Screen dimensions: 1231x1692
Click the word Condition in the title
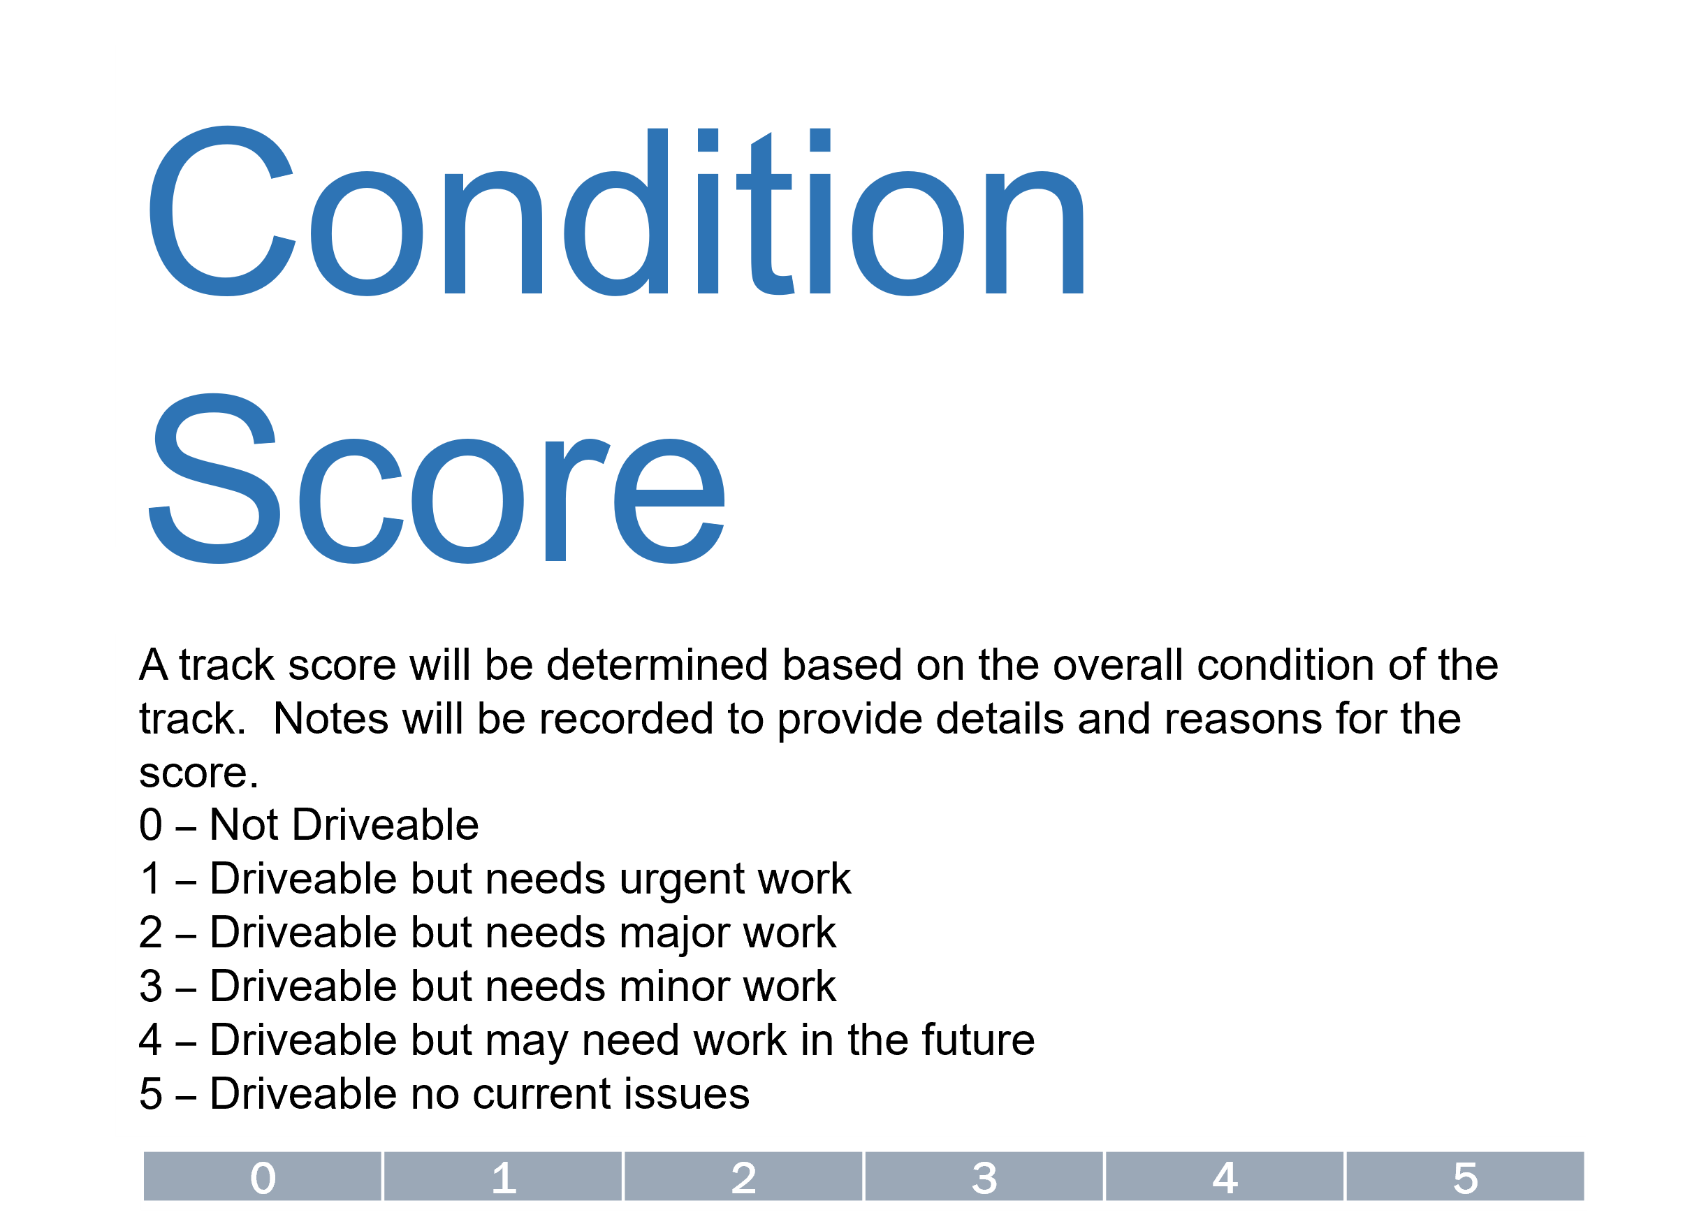(615, 212)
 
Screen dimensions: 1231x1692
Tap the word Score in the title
(437, 481)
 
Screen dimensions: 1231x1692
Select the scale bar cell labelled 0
(263, 1178)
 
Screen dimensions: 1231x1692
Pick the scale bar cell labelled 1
(504, 1178)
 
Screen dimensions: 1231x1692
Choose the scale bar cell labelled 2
(744, 1178)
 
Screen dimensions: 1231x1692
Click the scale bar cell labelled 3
(985, 1178)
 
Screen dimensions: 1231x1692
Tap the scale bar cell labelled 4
(1225, 1178)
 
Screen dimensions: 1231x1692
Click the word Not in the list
(243, 825)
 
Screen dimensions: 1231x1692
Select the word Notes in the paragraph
(330, 719)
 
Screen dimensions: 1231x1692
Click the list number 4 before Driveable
(151, 1041)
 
